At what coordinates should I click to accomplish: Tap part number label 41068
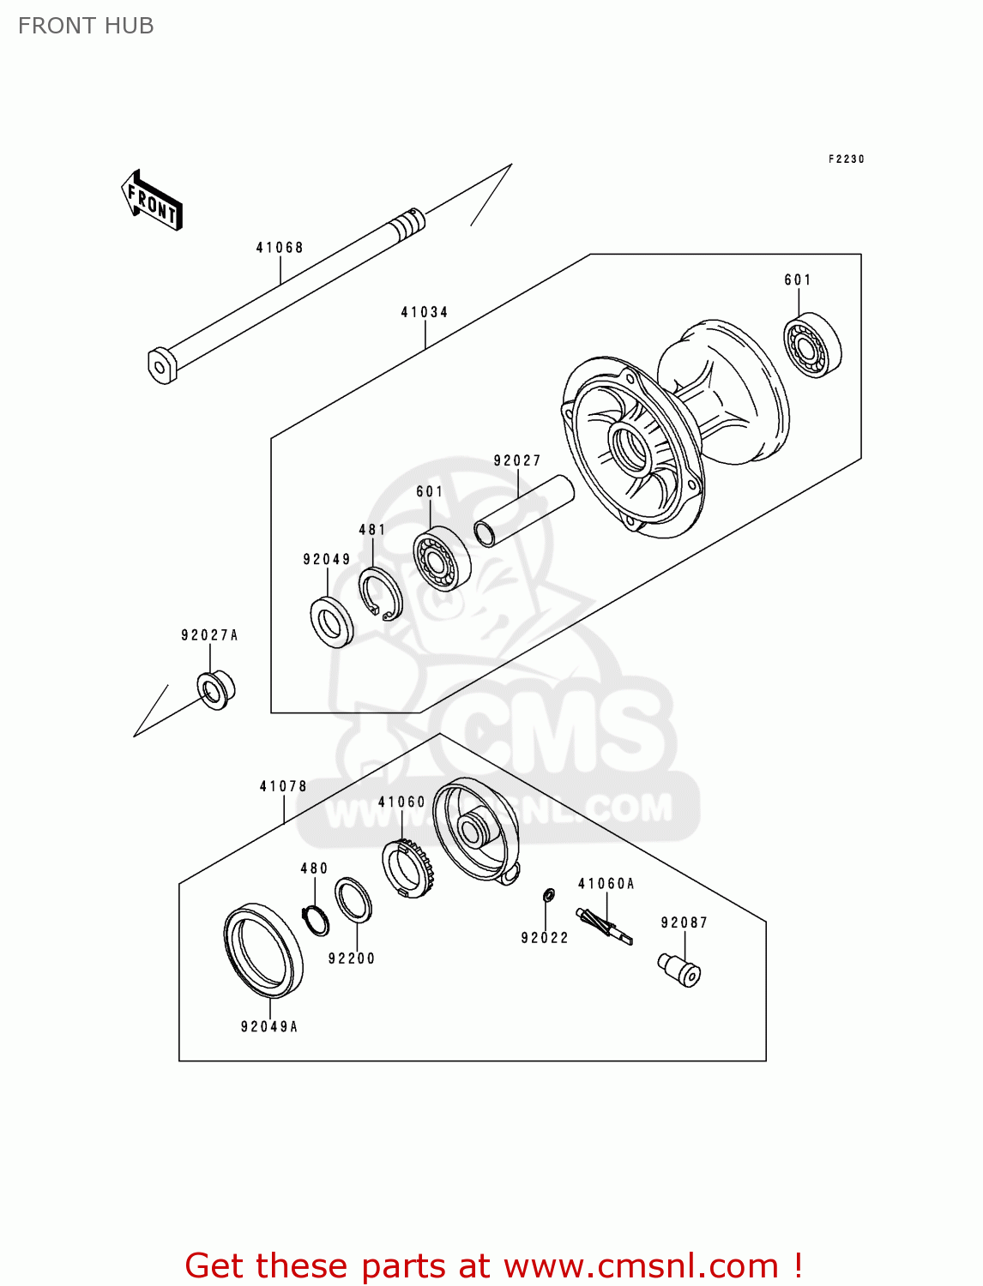coord(280,248)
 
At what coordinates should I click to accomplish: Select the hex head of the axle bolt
coord(161,365)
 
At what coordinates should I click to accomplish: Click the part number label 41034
coord(425,312)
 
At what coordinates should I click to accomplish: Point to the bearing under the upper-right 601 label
coord(812,346)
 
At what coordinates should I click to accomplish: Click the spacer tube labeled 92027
coord(523,511)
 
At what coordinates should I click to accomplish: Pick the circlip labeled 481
coord(380,592)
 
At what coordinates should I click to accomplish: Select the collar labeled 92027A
coord(215,690)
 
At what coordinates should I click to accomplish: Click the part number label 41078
coord(283,786)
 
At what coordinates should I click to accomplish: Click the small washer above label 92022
coord(548,896)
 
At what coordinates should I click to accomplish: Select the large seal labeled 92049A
coord(262,951)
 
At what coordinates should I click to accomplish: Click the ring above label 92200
coord(353,900)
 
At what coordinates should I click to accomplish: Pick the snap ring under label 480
coord(316,920)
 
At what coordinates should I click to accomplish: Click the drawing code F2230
coord(846,159)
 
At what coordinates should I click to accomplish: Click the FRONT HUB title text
coord(86,26)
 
